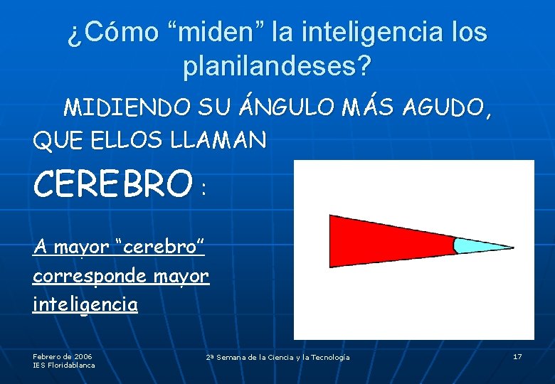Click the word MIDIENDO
tap(127, 108)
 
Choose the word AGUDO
tap(446, 108)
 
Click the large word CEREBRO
tap(113, 184)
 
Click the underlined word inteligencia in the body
tap(85, 305)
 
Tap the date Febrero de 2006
tap(63, 356)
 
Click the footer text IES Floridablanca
tap(64, 365)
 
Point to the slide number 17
tap(517, 356)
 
